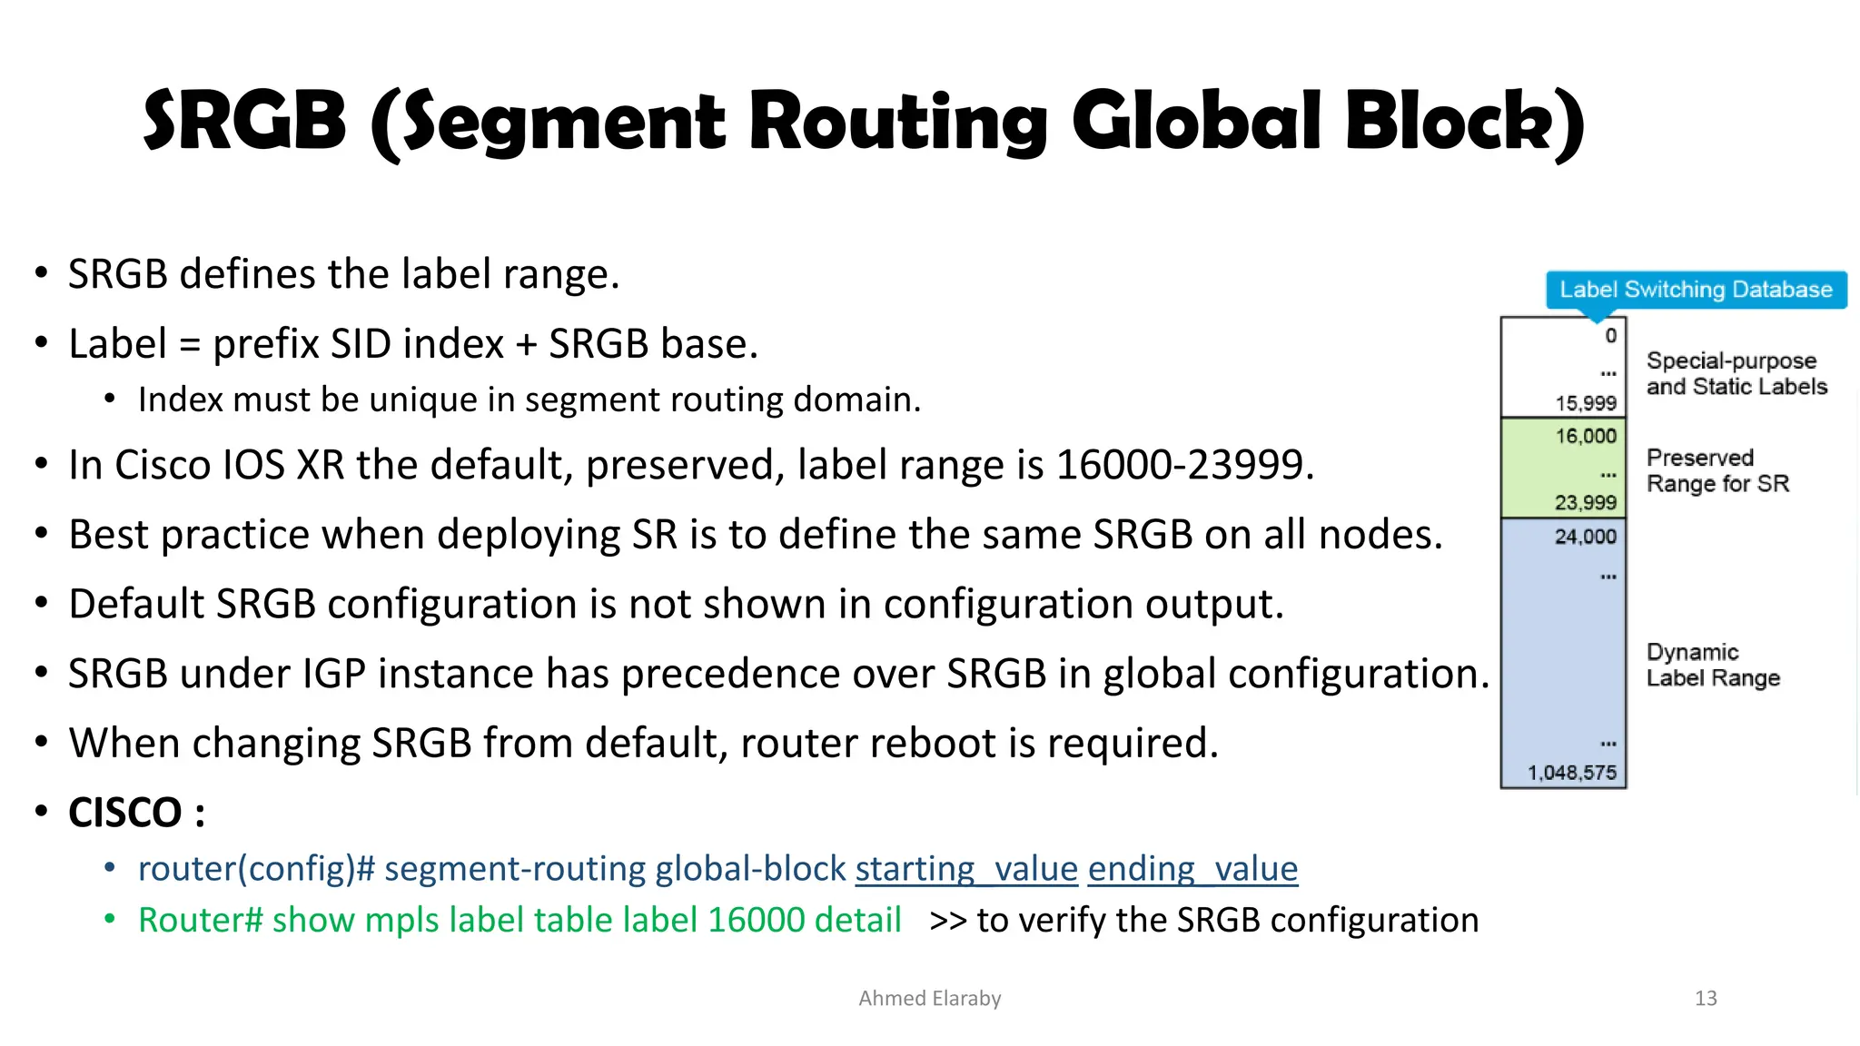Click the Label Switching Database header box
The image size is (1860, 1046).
click(x=1696, y=290)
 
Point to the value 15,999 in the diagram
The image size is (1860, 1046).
click(x=1585, y=403)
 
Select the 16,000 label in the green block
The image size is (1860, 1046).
click(x=1585, y=436)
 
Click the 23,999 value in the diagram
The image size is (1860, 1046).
click(x=1585, y=502)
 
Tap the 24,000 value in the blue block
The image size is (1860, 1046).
click(x=1585, y=537)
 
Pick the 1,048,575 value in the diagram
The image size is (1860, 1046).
click(x=1571, y=773)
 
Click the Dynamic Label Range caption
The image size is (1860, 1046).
click(x=1712, y=665)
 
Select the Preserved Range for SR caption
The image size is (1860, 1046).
click(x=1717, y=470)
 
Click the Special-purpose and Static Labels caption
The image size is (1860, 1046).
click(x=1736, y=373)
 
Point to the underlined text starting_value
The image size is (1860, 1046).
click(x=965, y=869)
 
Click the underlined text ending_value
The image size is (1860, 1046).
click(x=1192, y=869)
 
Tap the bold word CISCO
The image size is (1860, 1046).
click(x=125, y=813)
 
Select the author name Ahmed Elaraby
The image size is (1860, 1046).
click(x=929, y=999)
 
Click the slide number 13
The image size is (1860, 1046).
click(x=1706, y=999)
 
